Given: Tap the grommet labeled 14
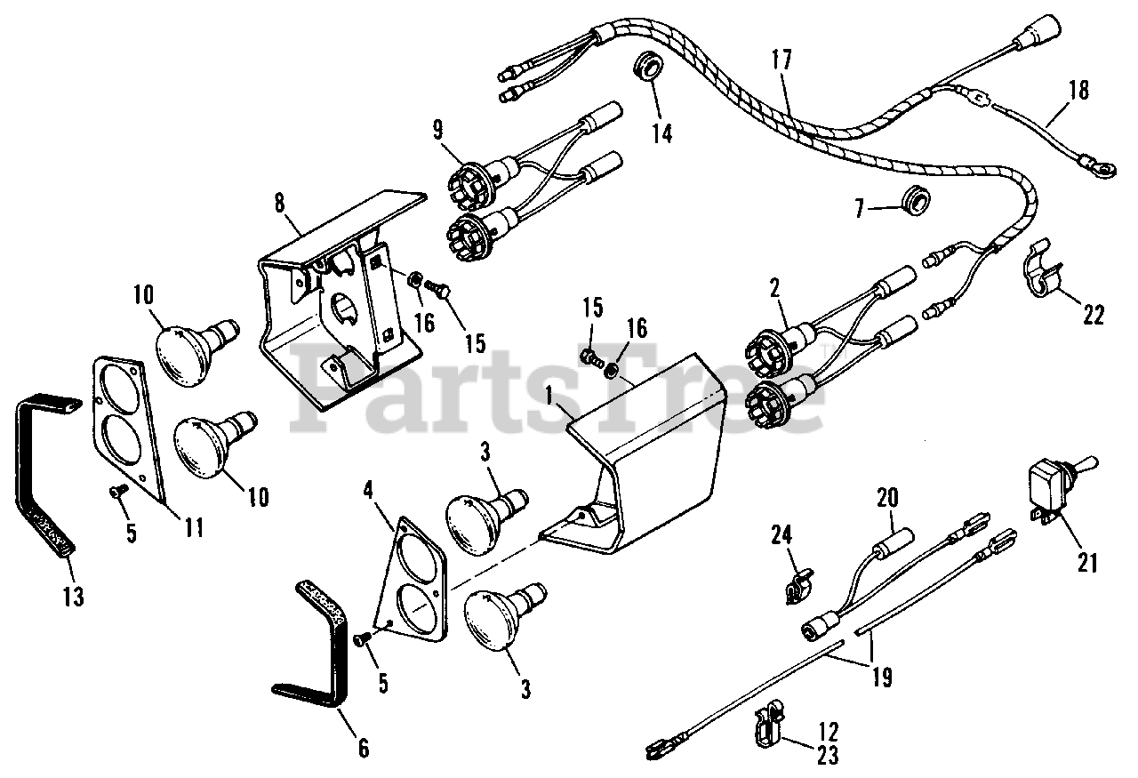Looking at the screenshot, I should click(648, 68).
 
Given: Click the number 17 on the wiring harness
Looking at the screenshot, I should click(781, 62).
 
